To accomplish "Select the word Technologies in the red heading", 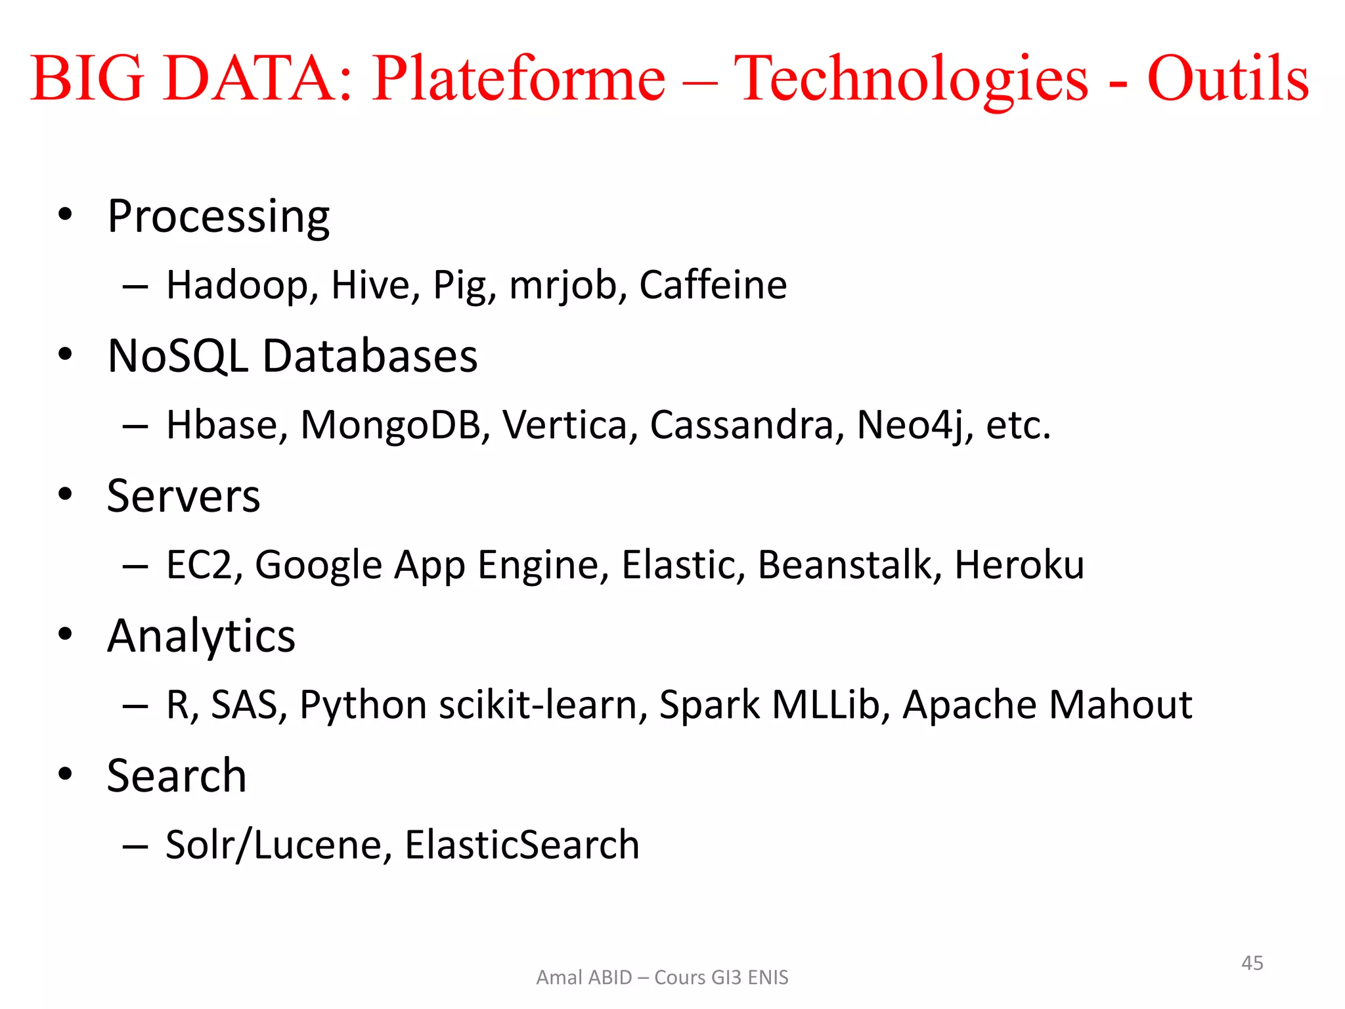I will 911,80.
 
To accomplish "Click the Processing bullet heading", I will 218,217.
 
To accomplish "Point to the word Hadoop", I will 242,286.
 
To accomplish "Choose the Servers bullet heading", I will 183,496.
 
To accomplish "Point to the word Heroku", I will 1019,565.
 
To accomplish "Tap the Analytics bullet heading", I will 201,637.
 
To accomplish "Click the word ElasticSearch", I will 522,845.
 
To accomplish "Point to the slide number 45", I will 1252,963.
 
